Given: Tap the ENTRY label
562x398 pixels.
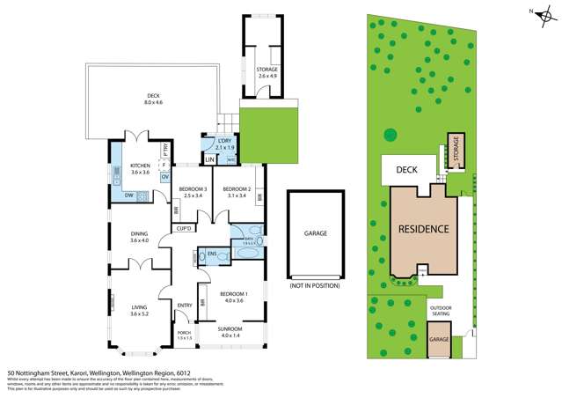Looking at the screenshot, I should (x=185, y=306).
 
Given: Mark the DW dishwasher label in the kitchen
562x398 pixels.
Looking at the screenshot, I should (x=128, y=195).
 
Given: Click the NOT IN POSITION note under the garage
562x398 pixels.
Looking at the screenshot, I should (x=313, y=286).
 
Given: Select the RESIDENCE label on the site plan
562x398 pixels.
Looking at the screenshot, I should (x=424, y=229).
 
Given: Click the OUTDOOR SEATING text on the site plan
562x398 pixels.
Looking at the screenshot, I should (x=441, y=311).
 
